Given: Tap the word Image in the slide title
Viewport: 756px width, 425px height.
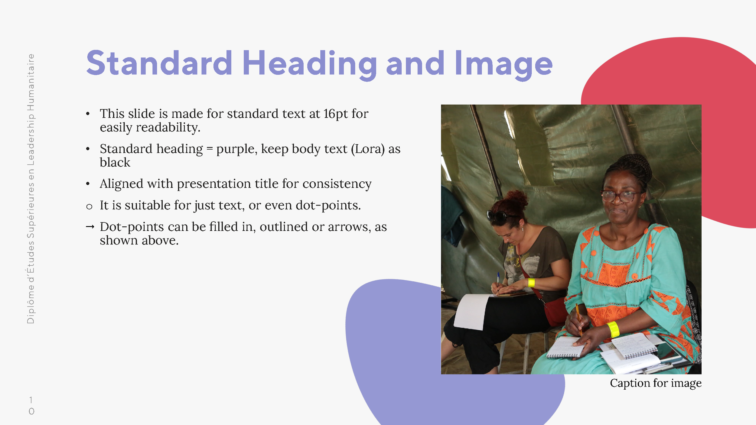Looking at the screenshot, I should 503,64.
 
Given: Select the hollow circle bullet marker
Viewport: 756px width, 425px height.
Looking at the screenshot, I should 89,207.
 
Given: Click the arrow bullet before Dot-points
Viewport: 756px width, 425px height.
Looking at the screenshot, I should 90,227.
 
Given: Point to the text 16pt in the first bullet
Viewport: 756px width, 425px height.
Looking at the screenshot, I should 336,114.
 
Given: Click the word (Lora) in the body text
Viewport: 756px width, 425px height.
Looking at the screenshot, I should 368,149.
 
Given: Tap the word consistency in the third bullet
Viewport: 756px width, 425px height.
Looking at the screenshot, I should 337,184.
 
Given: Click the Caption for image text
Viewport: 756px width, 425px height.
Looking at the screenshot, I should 655,383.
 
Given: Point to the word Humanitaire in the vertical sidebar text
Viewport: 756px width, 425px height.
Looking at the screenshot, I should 31,82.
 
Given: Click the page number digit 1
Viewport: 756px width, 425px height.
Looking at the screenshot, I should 31,400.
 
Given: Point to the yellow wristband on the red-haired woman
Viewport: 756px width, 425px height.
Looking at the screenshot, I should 531,283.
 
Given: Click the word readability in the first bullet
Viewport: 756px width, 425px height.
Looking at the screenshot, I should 168,128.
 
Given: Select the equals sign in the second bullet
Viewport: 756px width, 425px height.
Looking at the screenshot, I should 209,149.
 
